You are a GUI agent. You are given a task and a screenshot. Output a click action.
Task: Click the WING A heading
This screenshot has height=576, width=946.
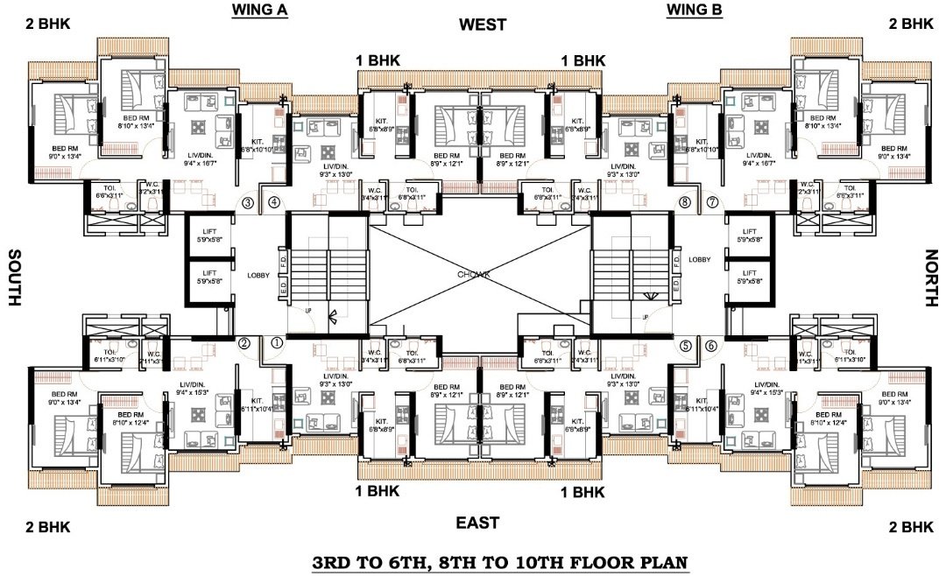259,11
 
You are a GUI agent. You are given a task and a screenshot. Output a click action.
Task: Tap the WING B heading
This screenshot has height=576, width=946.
694,11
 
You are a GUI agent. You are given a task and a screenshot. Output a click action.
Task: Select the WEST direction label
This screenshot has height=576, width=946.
482,25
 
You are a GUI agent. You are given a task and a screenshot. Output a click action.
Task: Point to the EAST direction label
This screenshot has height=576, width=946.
477,523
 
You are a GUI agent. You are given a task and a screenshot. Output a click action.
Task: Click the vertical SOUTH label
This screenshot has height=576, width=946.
14,277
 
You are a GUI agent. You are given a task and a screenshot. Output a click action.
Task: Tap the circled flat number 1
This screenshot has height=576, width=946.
277,344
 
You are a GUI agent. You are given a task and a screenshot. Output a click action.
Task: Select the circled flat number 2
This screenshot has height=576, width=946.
245,344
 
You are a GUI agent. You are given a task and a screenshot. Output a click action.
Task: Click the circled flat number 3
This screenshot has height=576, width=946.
248,203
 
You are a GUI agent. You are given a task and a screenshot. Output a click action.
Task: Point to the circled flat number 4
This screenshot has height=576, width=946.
274,203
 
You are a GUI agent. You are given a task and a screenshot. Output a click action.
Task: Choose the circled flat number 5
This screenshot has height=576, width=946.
685,345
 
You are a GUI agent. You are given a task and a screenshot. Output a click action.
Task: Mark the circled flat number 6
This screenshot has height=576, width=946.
711,345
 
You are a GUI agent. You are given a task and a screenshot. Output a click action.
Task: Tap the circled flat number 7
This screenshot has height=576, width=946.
712,203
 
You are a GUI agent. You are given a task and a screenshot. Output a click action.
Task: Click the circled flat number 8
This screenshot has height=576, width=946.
685,203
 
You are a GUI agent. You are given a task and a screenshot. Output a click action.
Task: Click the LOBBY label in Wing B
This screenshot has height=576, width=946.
699,260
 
